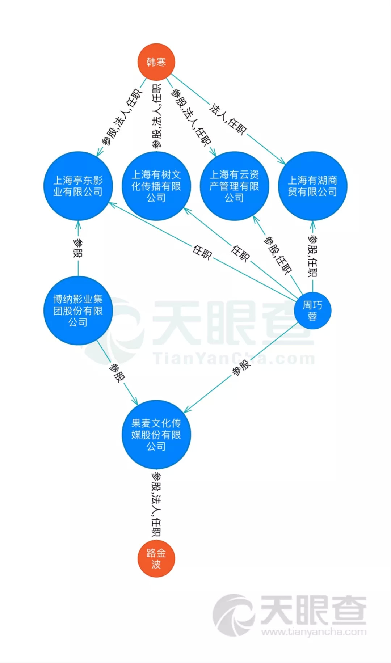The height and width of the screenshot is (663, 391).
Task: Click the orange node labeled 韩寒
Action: (156, 62)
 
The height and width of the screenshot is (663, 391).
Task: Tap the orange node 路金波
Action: (156, 558)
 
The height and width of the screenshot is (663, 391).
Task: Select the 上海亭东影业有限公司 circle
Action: (78, 186)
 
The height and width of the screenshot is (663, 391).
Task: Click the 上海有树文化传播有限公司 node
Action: (156, 186)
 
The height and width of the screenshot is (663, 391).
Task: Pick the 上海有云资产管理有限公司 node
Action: (234, 186)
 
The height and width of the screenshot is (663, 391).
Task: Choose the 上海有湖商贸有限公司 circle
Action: (312, 186)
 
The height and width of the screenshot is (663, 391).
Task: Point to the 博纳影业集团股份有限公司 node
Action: (78, 311)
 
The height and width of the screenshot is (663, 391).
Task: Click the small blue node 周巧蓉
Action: (312, 311)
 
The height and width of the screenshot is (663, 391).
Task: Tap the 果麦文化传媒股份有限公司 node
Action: (156, 434)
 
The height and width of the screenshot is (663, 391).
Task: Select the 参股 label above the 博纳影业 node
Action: (78, 248)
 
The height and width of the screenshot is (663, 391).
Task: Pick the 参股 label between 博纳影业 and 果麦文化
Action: (117, 373)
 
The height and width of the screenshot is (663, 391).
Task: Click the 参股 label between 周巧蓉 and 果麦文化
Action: (241, 368)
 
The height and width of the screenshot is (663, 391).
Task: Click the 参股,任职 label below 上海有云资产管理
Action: (278, 255)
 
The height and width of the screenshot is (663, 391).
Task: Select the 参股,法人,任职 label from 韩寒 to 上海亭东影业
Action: (121, 118)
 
